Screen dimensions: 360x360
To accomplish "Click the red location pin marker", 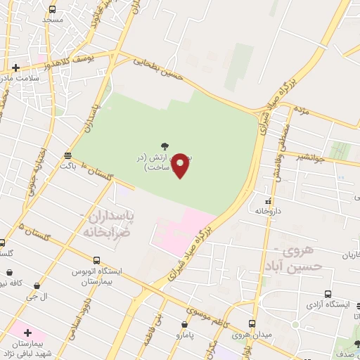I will [180, 165].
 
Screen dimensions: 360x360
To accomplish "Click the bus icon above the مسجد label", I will [53, 10].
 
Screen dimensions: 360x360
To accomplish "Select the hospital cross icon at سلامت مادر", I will [15, 67].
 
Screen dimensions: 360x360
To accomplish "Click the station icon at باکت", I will [67, 155].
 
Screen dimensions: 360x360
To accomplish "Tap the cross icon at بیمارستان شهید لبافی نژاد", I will [27, 331].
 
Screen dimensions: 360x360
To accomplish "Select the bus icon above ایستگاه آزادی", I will [328, 295].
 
